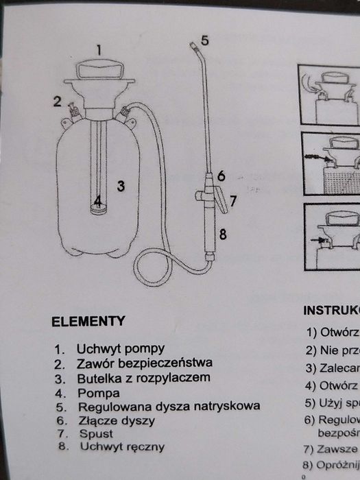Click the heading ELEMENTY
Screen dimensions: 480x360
click(88, 320)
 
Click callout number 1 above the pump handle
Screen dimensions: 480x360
click(99, 49)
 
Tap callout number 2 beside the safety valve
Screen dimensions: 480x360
click(58, 102)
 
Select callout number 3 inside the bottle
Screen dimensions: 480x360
click(120, 185)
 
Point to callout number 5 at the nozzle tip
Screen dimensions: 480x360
click(204, 40)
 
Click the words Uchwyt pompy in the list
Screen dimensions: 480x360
click(120, 348)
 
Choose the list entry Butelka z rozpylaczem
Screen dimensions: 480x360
click(142, 378)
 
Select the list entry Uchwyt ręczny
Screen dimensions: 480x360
click(122, 446)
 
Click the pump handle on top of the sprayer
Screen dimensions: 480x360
click(99, 69)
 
